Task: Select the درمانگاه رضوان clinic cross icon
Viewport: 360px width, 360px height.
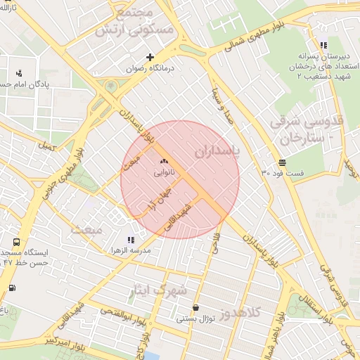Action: (x=150, y=57)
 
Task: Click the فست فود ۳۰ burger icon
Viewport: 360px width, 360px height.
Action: (x=282, y=161)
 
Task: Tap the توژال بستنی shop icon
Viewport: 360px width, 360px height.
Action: (x=195, y=307)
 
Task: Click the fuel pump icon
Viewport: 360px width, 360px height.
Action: (x=12, y=288)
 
